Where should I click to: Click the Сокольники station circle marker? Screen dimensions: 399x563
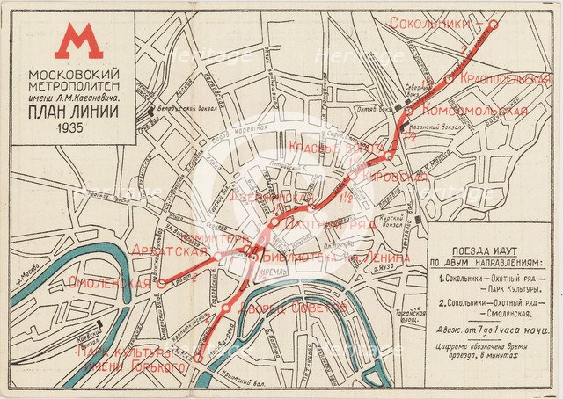click(x=494, y=24)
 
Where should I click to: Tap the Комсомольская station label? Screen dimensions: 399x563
click(x=474, y=111)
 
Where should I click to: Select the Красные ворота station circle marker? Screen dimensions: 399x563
click(x=388, y=156)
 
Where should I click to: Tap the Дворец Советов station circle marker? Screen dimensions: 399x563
click(x=228, y=308)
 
